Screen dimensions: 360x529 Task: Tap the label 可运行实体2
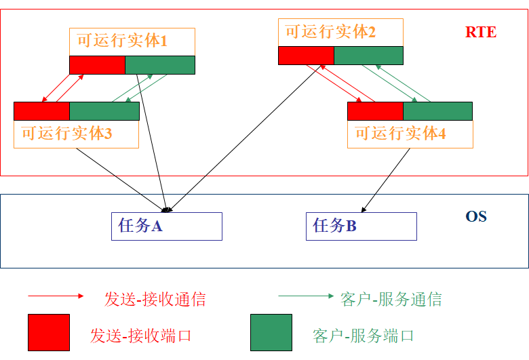330,32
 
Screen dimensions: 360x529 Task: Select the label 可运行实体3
66,134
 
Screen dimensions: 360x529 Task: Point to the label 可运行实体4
400,134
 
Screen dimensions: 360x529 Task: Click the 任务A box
167,226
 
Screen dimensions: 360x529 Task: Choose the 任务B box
361,226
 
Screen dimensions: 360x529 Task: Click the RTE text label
480,32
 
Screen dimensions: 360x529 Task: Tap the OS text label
476,217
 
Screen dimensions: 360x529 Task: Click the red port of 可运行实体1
98,65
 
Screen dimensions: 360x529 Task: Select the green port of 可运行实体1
160,65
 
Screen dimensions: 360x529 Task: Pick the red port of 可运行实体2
306,56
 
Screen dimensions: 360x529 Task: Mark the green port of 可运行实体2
368,56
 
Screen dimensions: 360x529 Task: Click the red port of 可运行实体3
42,111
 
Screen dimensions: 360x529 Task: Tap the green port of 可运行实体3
104,111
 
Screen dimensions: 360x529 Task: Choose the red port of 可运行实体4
375,111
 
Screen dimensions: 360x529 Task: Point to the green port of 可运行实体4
437,111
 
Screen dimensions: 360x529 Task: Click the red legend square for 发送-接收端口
49,332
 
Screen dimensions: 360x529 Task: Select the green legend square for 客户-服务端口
271,332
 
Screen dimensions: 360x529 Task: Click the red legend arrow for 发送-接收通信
56,296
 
